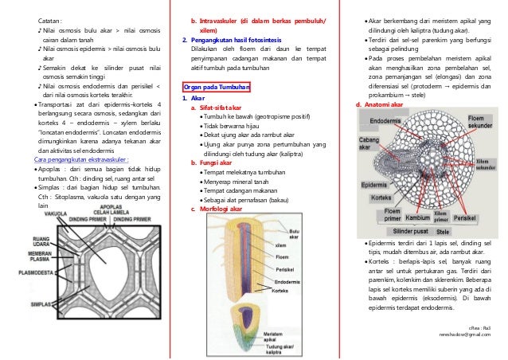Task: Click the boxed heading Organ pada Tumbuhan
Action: [x=217, y=86]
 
